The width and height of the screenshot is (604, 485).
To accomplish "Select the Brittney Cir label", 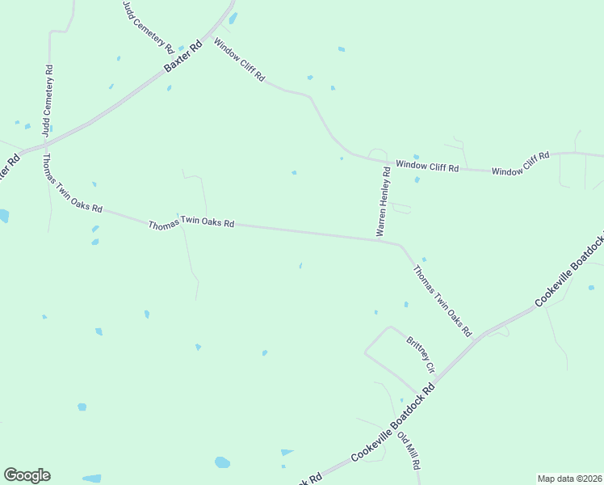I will coord(421,354).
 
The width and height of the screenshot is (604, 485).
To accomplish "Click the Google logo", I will coord(27,475).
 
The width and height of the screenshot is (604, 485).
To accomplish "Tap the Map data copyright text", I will coord(570,479).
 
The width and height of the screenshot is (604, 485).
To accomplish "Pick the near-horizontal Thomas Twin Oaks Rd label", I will coord(191,224).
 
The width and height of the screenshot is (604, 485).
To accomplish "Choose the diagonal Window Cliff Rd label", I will coord(239,60).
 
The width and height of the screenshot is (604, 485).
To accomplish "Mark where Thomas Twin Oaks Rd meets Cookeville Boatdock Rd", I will coord(481,333).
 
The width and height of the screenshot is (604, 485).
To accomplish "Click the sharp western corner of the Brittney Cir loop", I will coord(365,352).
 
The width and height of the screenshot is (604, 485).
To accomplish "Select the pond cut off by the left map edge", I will coord(3,216).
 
